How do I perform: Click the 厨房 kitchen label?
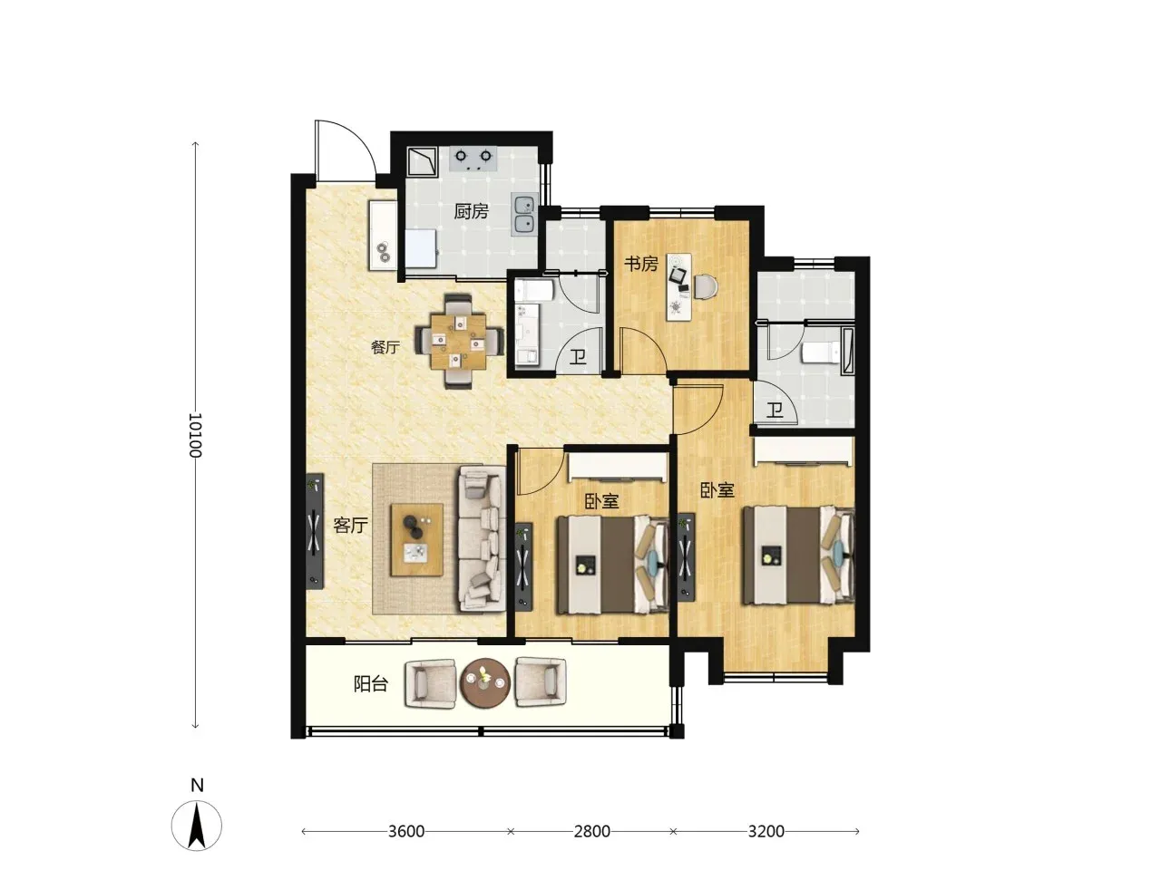tap(471, 212)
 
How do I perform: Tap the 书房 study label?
tap(641, 264)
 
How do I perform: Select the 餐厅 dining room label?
tap(385, 348)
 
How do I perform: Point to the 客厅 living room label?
tap(350, 525)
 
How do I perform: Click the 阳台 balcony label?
tap(371, 684)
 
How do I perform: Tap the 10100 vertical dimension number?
tap(195, 435)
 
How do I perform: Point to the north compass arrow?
tap(197, 826)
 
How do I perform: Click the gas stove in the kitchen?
tap(473, 159)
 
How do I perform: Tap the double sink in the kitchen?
tap(523, 215)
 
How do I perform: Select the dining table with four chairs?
tap(459, 342)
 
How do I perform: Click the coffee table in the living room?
tap(417, 539)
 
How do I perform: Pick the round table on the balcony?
tap(485, 681)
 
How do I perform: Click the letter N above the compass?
tap(197, 786)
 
